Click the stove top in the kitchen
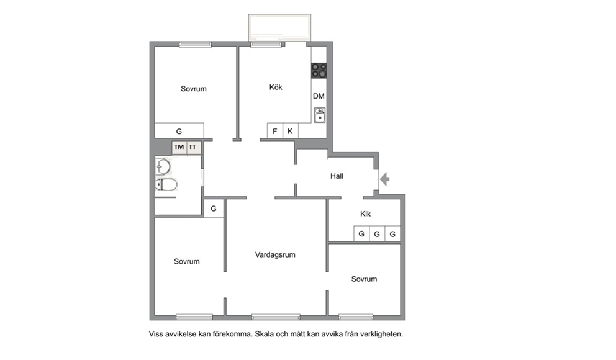[319, 71]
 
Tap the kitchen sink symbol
[320, 115]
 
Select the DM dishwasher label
[319, 96]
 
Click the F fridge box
[275, 131]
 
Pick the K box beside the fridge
[291, 131]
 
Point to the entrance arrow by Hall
[384, 179]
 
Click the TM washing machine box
[179, 147]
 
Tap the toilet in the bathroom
[166, 184]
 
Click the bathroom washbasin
[163, 166]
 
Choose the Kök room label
[276, 87]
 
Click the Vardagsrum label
[275, 254]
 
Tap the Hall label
[337, 176]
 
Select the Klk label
[365, 214]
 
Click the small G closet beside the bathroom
[214, 209]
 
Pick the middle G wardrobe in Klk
[377, 233]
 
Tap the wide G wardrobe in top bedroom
[179, 131]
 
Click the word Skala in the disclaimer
[265, 335]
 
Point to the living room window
[276, 317]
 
